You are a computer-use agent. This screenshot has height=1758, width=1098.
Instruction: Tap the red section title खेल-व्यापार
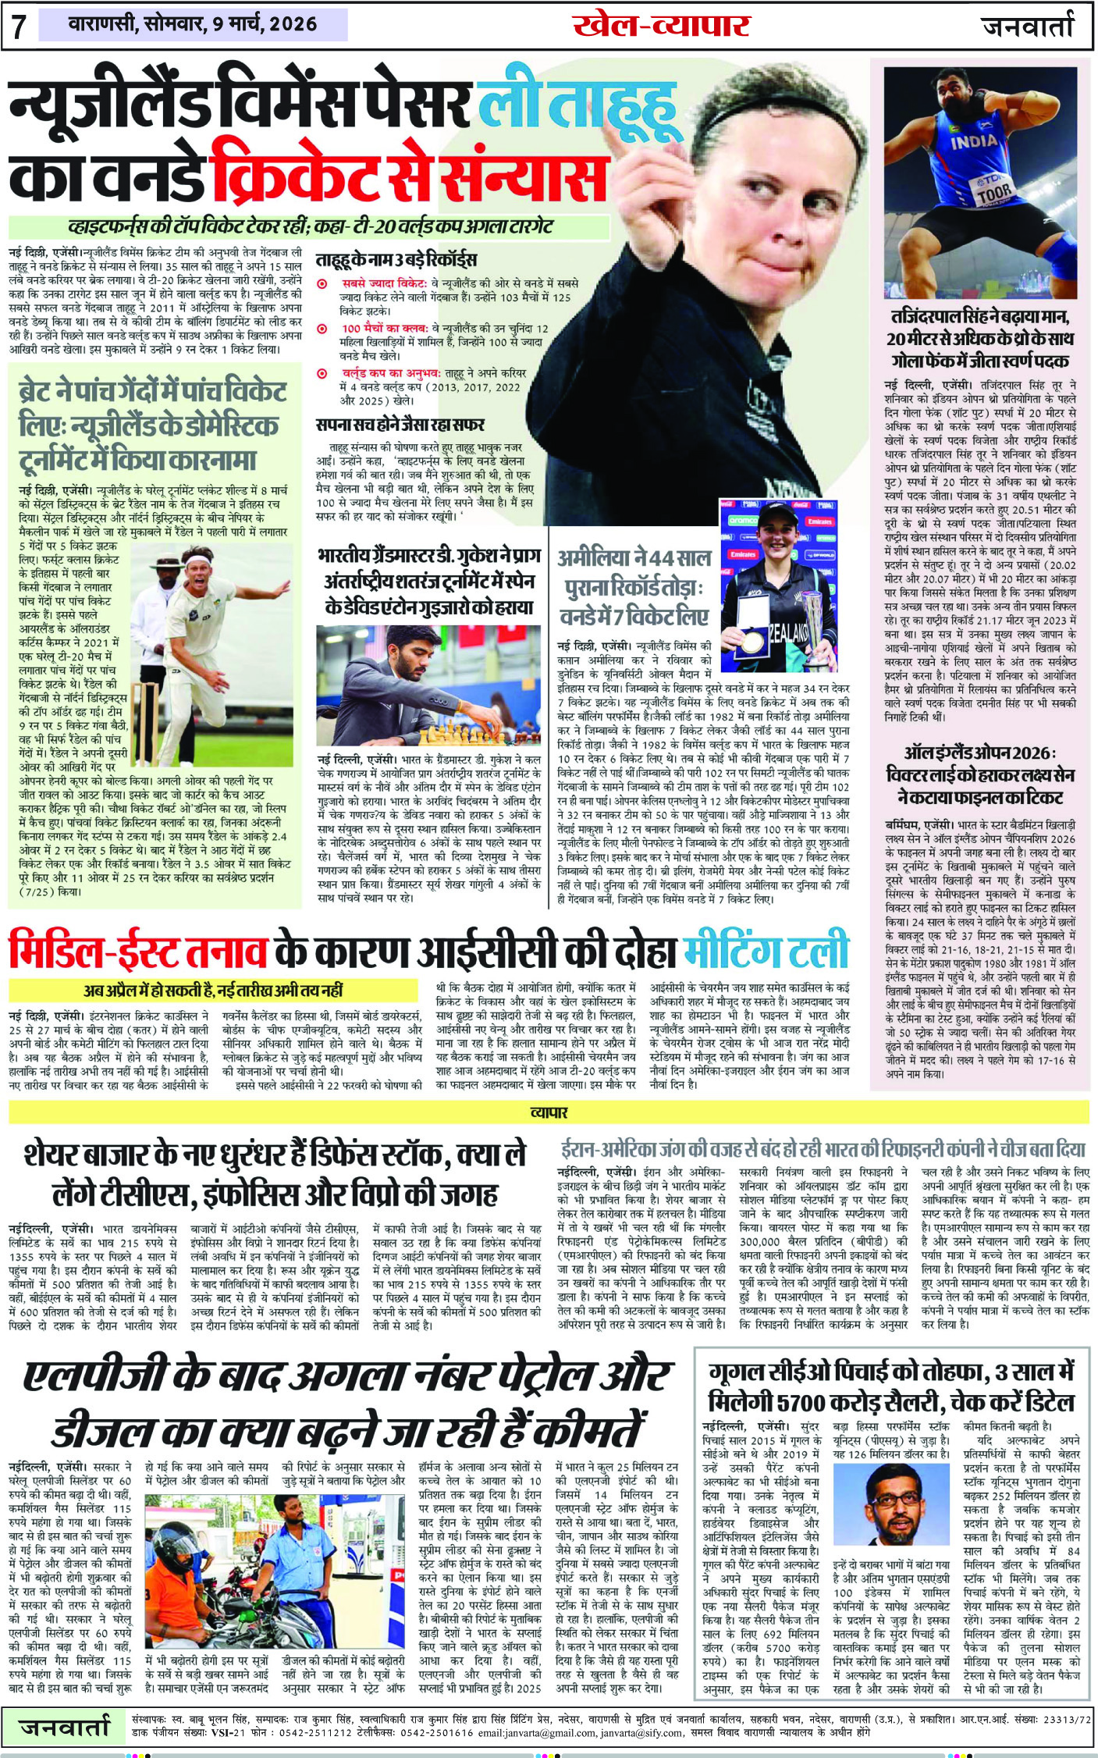[x=660, y=26]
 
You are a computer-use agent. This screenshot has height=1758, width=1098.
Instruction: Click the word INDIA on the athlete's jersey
[x=974, y=141]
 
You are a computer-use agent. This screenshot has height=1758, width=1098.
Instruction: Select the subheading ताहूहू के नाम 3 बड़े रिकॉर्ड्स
[x=396, y=260]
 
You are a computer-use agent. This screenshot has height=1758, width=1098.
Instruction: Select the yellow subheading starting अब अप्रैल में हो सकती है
[x=214, y=991]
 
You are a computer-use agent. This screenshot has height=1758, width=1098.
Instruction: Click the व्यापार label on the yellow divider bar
[x=549, y=1112]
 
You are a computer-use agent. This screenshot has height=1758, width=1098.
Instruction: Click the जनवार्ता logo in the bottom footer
[x=66, y=1727]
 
